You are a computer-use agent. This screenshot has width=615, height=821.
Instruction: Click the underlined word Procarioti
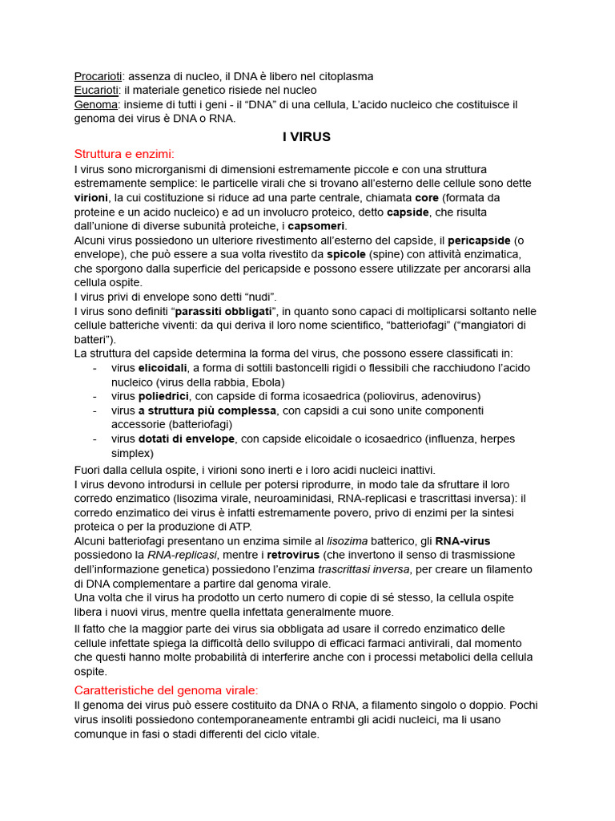[x=98, y=76]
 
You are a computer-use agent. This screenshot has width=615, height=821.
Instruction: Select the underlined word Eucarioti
[x=96, y=91]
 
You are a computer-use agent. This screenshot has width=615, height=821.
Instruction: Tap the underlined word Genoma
[x=96, y=105]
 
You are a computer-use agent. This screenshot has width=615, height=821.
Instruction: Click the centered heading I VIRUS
[x=307, y=137]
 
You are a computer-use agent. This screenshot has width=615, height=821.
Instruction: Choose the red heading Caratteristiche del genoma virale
[x=177, y=690]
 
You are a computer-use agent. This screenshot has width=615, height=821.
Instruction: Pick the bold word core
[x=426, y=197]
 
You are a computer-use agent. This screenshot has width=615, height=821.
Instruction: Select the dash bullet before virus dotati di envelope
[x=94, y=439]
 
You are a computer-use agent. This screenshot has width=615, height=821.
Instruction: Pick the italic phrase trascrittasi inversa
[x=364, y=569]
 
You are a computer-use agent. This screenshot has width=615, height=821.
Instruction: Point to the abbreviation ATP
[x=239, y=526]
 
